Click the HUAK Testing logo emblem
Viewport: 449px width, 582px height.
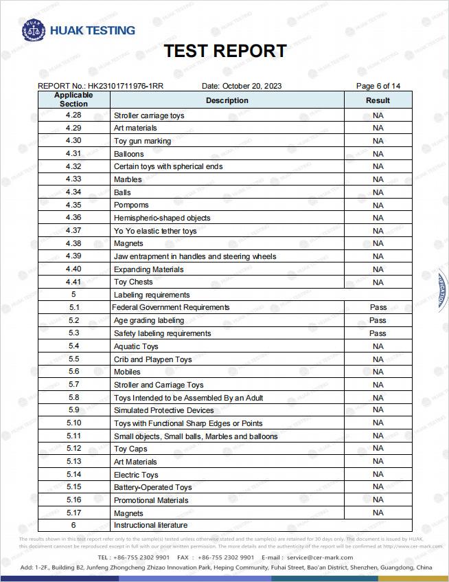(x=33, y=30)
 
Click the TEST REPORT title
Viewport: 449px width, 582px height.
(x=224, y=52)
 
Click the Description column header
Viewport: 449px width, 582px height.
(x=227, y=100)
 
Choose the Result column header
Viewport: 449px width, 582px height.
(x=378, y=100)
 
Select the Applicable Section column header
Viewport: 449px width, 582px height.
(x=73, y=100)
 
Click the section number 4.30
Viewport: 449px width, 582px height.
(x=73, y=141)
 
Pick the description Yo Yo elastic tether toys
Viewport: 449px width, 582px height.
(x=155, y=231)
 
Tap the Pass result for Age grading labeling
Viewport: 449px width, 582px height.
(x=378, y=320)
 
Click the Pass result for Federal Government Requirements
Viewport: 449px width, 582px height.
(x=378, y=307)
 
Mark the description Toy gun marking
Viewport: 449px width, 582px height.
(x=142, y=141)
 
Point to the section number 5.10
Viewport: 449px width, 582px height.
(x=73, y=423)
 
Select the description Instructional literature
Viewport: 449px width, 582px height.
(x=150, y=526)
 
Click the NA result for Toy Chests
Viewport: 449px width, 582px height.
(x=378, y=282)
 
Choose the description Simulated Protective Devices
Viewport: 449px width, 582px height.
(x=163, y=410)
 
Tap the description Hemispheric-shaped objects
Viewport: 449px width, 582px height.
(x=162, y=218)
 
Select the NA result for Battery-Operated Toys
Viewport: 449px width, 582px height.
(x=378, y=487)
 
